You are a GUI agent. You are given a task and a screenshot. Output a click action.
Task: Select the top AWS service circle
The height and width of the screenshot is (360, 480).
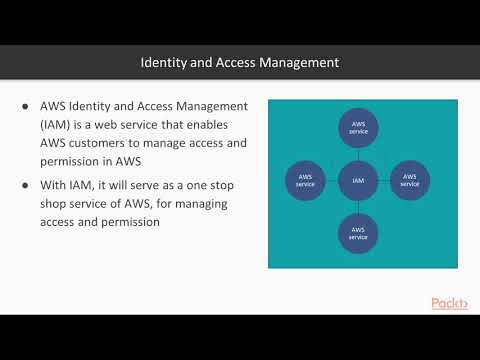(357, 128)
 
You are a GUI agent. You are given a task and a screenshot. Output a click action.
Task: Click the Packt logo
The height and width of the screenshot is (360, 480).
(449, 303)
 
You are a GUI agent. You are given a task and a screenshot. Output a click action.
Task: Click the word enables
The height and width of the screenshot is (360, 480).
(228, 126)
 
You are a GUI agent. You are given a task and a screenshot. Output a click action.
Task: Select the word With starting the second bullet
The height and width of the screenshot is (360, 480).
(56, 186)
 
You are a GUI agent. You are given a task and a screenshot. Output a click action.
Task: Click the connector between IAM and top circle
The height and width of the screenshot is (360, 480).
(357, 155)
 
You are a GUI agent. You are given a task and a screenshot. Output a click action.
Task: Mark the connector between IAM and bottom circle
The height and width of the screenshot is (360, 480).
(357, 208)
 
